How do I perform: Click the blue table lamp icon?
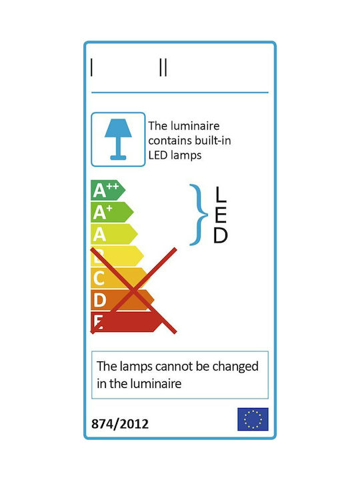pyautogui.click(x=118, y=139)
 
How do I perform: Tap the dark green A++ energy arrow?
pyautogui.click(x=108, y=190)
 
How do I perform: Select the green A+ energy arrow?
pyautogui.click(x=112, y=212)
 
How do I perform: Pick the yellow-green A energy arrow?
pyautogui.click(x=114, y=234)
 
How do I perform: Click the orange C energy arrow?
pyautogui.click(x=120, y=278)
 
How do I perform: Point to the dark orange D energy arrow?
pyautogui.click(x=123, y=300)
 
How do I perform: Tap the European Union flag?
pyautogui.click(x=253, y=419)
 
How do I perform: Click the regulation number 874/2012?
pyautogui.click(x=120, y=424)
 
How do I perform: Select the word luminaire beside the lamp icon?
pyautogui.click(x=195, y=126)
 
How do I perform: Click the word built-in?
pyautogui.click(x=213, y=141)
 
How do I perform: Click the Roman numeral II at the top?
pyautogui.click(x=163, y=67)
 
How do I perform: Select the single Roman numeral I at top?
pyautogui.click(x=91, y=67)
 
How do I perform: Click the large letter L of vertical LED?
pyautogui.click(x=221, y=195)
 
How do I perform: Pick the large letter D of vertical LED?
pyautogui.click(x=221, y=235)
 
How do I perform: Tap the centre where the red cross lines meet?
pyautogui.click(x=134, y=291)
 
